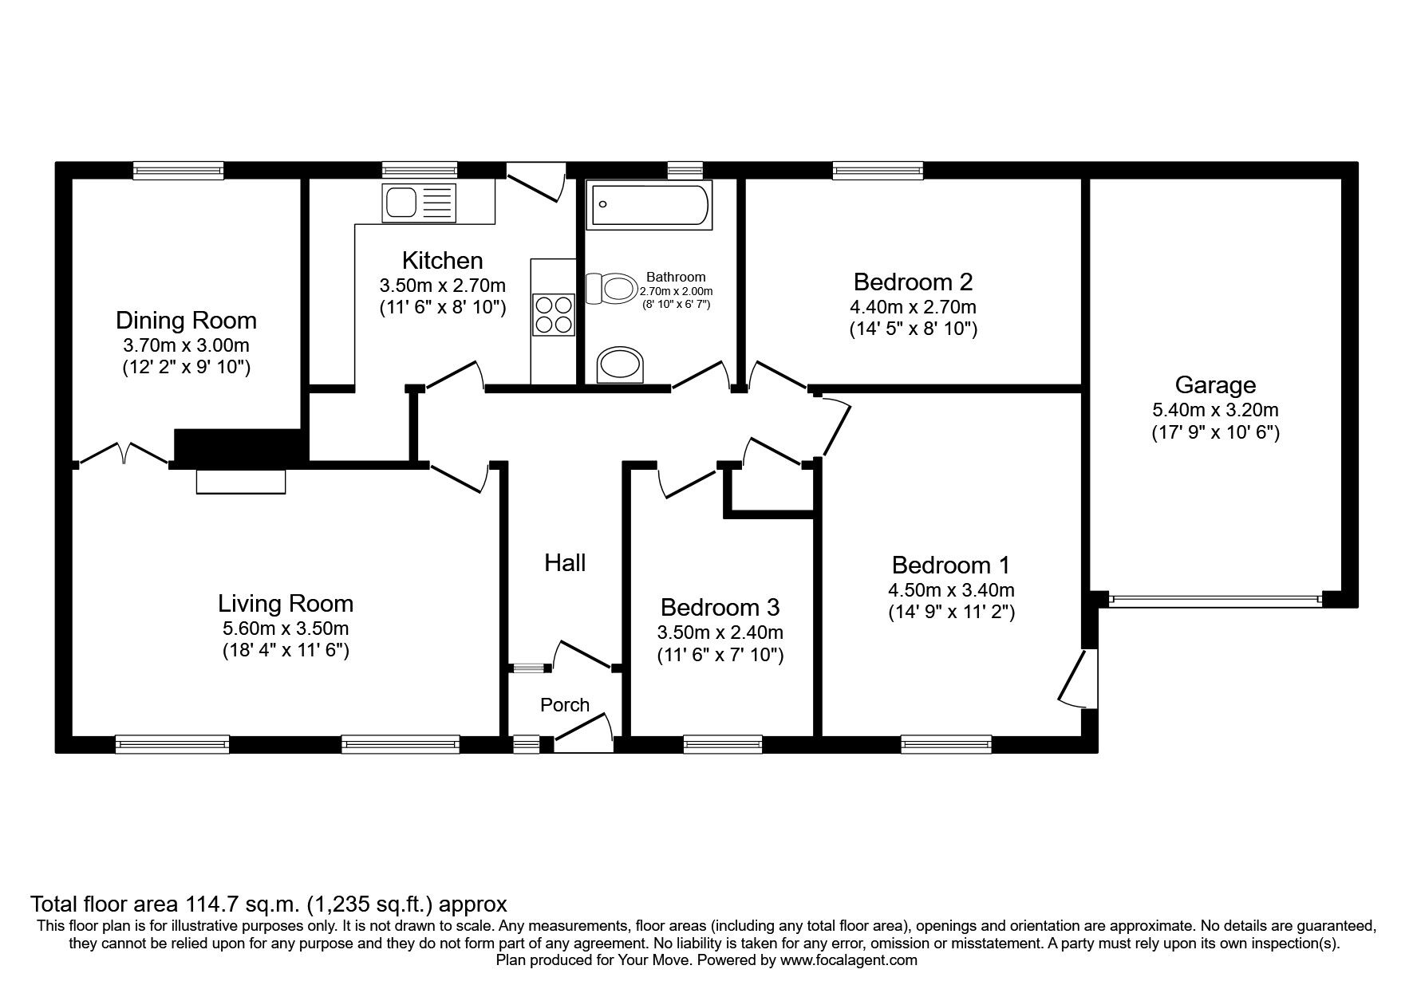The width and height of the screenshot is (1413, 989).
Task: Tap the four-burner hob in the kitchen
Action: point(553,314)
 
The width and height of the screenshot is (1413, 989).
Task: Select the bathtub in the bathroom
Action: point(647,205)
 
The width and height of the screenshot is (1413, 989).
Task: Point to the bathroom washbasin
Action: point(623,365)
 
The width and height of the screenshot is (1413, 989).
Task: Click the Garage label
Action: point(1215,385)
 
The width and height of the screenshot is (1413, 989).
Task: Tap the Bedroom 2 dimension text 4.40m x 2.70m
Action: point(913,306)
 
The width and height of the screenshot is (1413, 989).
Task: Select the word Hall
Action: point(565,563)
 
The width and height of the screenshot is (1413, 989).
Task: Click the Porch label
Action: point(565,704)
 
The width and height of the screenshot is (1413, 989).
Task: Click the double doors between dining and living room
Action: point(124,455)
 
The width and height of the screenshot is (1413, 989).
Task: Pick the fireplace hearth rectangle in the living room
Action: point(241,482)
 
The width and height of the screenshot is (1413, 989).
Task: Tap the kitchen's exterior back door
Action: point(535,182)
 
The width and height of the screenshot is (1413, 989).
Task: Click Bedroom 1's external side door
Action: point(1077,678)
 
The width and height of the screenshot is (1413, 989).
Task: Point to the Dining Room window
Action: point(178,169)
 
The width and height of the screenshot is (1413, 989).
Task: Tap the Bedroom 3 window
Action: point(723,744)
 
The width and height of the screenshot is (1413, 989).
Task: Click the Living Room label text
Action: point(286,603)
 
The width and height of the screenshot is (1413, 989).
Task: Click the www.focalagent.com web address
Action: point(848,960)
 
